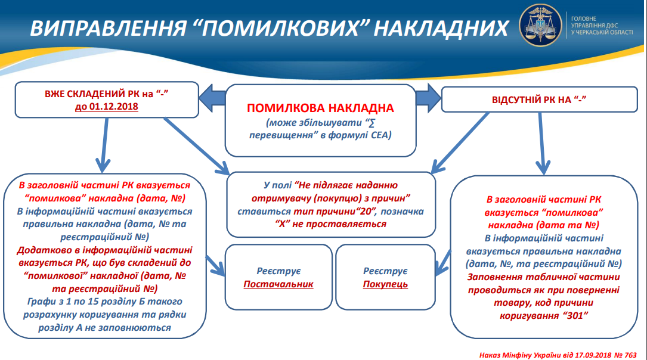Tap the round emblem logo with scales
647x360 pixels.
(x=540, y=26)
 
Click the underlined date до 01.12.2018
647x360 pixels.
(x=107, y=107)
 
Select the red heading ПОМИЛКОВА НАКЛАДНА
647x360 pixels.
(x=320, y=108)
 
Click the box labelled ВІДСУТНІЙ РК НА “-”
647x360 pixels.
(x=539, y=100)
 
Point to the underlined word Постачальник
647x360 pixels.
(x=278, y=284)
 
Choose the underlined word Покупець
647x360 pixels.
(x=385, y=284)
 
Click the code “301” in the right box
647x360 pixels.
(x=575, y=316)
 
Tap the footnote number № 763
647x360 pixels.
(x=625, y=355)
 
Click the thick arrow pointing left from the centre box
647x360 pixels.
(x=212, y=98)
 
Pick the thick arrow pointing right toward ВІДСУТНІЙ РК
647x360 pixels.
(x=428, y=98)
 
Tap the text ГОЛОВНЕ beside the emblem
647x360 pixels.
(x=584, y=18)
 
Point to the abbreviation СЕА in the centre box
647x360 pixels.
(x=380, y=135)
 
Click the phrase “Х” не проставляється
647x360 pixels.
(x=330, y=224)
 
